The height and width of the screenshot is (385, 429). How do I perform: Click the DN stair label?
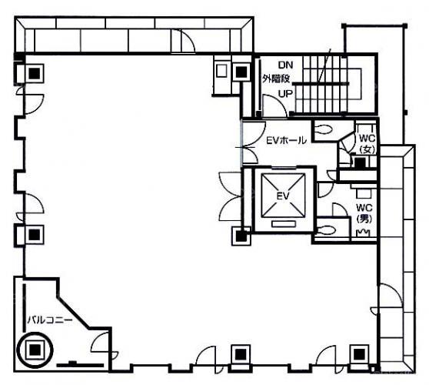click(286, 65)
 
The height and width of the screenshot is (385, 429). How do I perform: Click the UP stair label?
click(285, 94)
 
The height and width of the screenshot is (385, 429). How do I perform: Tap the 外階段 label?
click(276, 79)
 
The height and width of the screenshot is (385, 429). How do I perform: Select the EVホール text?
click(286, 140)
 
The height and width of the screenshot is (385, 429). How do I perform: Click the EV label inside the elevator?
click(283, 196)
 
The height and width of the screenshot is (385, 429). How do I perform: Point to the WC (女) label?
click(367, 143)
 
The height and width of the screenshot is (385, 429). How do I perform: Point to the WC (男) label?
click(364, 213)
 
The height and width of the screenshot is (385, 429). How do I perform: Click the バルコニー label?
click(50, 320)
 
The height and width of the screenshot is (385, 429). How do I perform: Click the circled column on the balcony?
click(35, 350)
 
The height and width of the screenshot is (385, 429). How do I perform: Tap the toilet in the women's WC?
click(323, 129)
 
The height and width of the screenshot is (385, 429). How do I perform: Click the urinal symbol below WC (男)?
click(364, 233)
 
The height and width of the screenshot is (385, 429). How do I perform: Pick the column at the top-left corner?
click(35, 73)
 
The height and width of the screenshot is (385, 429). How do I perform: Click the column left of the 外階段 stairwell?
click(241, 72)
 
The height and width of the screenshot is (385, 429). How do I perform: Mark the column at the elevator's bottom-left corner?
click(241, 236)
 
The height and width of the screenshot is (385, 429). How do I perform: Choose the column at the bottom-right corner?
click(359, 354)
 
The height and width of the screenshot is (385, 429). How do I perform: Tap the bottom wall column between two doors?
click(241, 354)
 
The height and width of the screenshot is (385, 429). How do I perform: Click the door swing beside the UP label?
click(274, 105)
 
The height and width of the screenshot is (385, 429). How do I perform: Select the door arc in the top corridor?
click(188, 40)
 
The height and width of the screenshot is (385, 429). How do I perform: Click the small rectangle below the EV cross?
click(284, 224)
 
